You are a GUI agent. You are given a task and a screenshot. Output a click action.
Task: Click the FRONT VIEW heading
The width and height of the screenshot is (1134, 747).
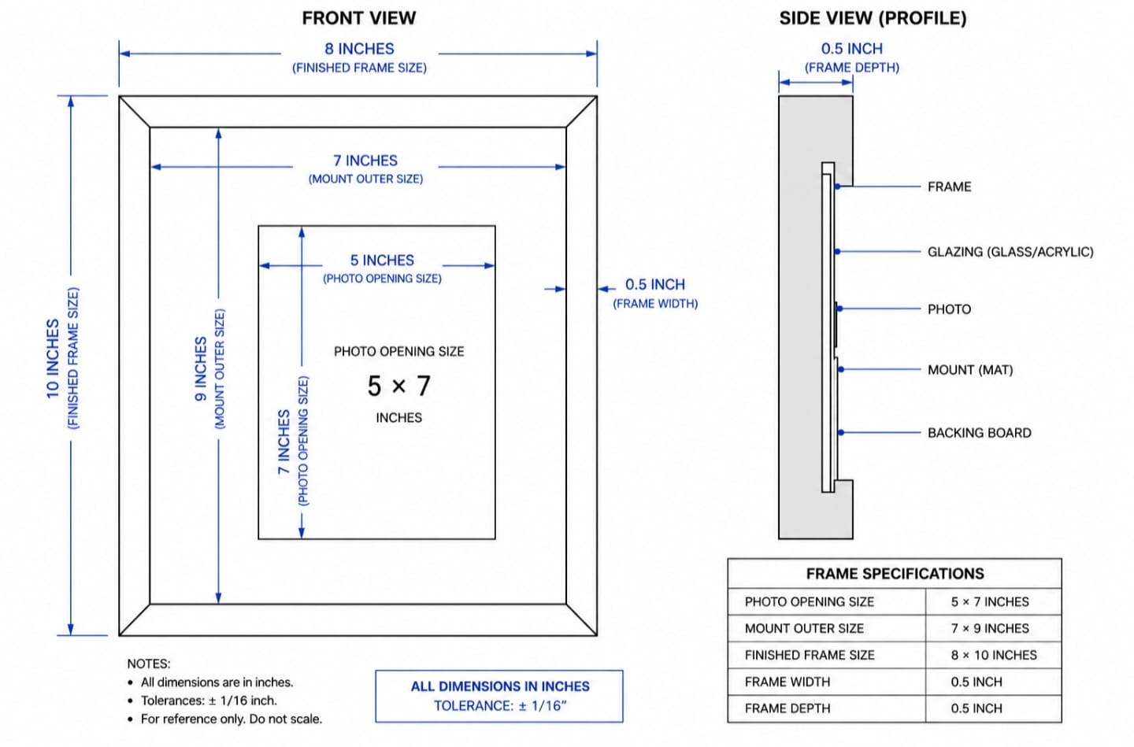pyautogui.click(x=359, y=18)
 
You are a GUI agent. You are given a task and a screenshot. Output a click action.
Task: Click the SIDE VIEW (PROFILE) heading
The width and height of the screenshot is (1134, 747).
pyautogui.click(x=873, y=18)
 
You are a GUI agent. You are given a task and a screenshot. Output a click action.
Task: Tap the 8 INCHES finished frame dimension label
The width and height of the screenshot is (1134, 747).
pyautogui.click(x=359, y=49)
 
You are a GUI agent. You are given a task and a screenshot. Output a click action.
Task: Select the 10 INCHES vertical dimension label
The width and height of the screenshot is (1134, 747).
pyautogui.click(x=54, y=359)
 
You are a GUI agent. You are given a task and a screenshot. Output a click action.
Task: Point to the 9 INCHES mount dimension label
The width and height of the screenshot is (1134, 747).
pyautogui.click(x=201, y=369)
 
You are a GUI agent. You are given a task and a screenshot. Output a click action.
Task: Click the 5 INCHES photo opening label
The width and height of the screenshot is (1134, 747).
pyautogui.click(x=382, y=260)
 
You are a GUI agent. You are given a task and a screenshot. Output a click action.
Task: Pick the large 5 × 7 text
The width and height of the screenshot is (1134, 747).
pyautogui.click(x=399, y=386)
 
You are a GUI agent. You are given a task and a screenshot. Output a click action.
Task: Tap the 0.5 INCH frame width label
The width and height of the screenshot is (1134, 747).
pyautogui.click(x=655, y=284)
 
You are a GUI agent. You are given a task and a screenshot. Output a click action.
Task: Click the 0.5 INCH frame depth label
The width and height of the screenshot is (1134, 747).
pyautogui.click(x=852, y=49)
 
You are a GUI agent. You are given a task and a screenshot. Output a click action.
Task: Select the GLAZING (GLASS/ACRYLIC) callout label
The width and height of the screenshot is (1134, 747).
pyautogui.click(x=1010, y=252)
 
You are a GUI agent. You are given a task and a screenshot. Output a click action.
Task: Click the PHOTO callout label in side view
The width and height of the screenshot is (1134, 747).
pyautogui.click(x=949, y=309)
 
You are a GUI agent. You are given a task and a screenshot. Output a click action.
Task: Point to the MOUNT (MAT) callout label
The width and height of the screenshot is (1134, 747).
pyautogui.click(x=970, y=370)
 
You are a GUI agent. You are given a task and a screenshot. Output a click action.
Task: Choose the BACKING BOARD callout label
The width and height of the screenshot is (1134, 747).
pyautogui.click(x=980, y=433)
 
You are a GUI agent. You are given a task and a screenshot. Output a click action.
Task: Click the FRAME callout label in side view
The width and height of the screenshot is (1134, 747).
pyautogui.click(x=949, y=187)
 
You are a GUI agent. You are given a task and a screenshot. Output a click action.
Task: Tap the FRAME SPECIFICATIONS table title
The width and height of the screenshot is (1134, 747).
pyautogui.click(x=895, y=573)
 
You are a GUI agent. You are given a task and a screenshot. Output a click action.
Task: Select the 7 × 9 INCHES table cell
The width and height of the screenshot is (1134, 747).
pyautogui.click(x=990, y=629)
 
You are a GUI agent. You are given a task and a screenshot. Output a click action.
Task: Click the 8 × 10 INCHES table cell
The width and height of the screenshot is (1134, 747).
pyautogui.click(x=994, y=655)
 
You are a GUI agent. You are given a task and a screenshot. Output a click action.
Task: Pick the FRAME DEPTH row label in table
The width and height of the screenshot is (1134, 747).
pyautogui.click(x=787, y=708)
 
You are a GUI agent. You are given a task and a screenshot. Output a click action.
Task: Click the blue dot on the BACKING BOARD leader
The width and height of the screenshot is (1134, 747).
pyautogui.click(x=841, y=433)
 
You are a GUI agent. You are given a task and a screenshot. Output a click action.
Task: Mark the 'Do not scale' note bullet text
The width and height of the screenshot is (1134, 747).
pyautogui.click(x=232, y=719)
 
